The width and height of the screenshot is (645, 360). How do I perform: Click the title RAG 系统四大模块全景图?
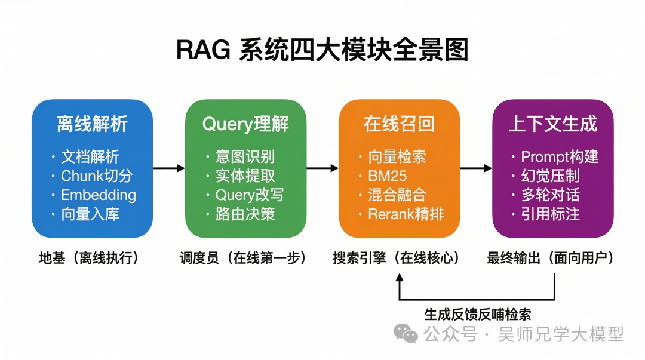pos(322,50)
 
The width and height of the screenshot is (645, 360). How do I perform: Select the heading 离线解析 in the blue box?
pos(92,124)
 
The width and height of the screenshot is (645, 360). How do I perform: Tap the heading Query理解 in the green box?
pos(245,124)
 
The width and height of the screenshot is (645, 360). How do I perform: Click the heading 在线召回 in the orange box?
pos(399,124)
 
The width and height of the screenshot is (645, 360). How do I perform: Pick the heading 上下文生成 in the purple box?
pos(552,124)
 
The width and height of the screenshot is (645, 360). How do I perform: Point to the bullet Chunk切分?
pos(96,176)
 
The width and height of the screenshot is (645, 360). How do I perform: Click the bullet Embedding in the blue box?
pos(98,195)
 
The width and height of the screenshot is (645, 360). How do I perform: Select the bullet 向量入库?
pos(90,214)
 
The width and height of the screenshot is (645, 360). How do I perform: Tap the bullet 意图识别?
pos(245,157)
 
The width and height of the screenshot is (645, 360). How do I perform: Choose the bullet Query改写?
pos(249,195)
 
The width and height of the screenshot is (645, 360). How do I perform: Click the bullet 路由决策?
pos(245,214)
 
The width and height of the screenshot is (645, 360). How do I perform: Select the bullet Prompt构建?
pos(559,157)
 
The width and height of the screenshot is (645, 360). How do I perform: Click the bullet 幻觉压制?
pos(550,176)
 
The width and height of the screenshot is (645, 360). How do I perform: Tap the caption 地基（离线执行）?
pos(89,258)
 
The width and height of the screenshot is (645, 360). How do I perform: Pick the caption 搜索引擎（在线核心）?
pos(397,258)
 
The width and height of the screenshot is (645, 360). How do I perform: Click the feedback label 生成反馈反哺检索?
pos(477,314)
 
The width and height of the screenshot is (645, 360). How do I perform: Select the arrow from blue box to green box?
pos(168,168)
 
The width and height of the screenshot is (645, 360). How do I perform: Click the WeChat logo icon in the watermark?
pos(408,334)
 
